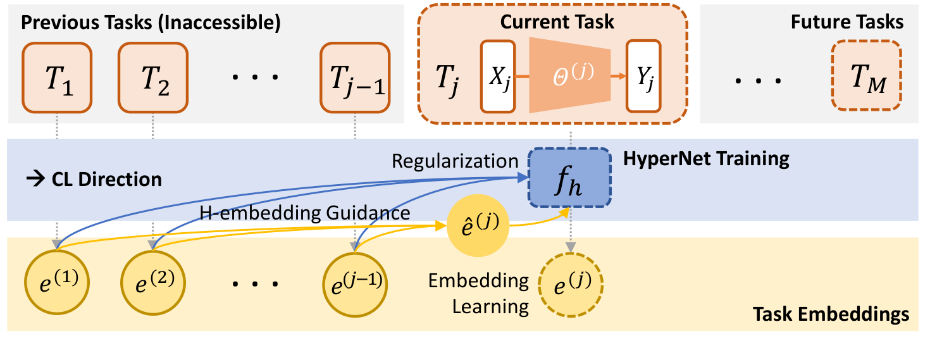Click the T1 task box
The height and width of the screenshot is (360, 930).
58,78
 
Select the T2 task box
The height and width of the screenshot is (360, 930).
153,78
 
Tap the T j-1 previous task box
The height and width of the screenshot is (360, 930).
354,78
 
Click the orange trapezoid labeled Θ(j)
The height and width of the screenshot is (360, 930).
569,74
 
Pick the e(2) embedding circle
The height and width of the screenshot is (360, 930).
153,283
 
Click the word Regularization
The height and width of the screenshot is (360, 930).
455,161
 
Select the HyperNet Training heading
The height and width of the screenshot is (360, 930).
706,158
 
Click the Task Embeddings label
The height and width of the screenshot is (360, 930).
831,314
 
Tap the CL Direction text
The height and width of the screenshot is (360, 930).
95,179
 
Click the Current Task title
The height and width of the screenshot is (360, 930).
557,22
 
